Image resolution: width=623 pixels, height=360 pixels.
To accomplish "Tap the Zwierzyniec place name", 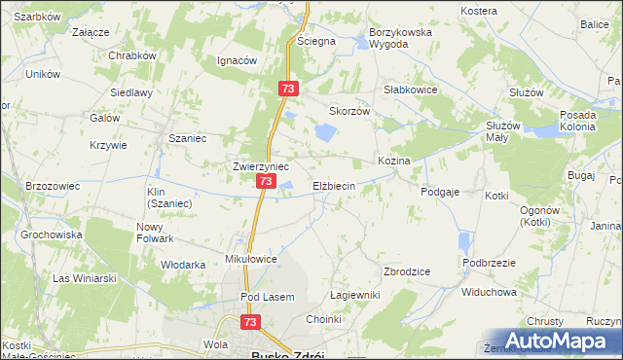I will [260, 165].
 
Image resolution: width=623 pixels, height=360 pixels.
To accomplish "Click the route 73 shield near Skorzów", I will [287, 89].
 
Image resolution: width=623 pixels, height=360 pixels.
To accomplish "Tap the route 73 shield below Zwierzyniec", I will [265, 182].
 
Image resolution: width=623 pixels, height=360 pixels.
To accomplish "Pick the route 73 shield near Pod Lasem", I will [252, 322].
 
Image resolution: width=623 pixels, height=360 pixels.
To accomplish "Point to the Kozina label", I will [393, 160].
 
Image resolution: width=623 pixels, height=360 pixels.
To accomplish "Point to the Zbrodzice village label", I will [408, 272].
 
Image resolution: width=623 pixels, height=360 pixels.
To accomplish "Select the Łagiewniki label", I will [353, 295].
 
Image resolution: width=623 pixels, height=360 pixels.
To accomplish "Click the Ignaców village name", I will [237, 60].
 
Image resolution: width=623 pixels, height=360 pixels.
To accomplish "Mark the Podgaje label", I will [440, 193].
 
